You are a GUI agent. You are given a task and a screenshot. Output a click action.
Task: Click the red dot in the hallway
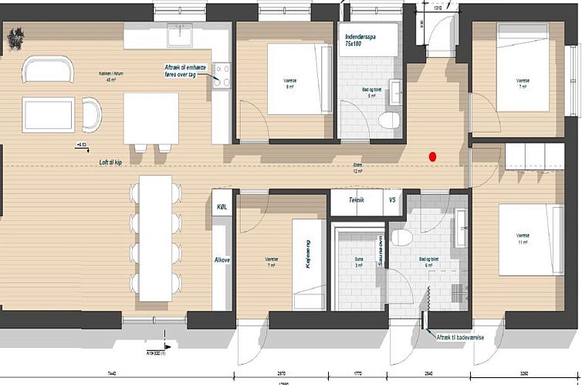(x=433, y=156)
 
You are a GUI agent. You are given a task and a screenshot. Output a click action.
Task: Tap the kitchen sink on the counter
(x=183, y=34)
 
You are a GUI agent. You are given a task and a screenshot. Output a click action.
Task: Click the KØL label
(x=221, y=208)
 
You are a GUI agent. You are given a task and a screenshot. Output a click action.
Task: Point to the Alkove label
(x=222, y=261)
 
